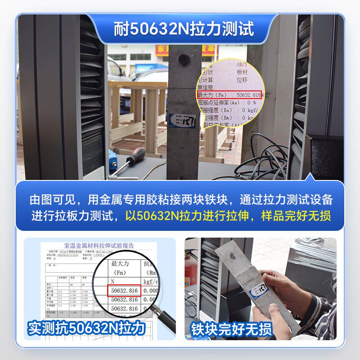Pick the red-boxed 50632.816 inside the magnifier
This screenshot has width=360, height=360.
[x=124, y=291]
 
